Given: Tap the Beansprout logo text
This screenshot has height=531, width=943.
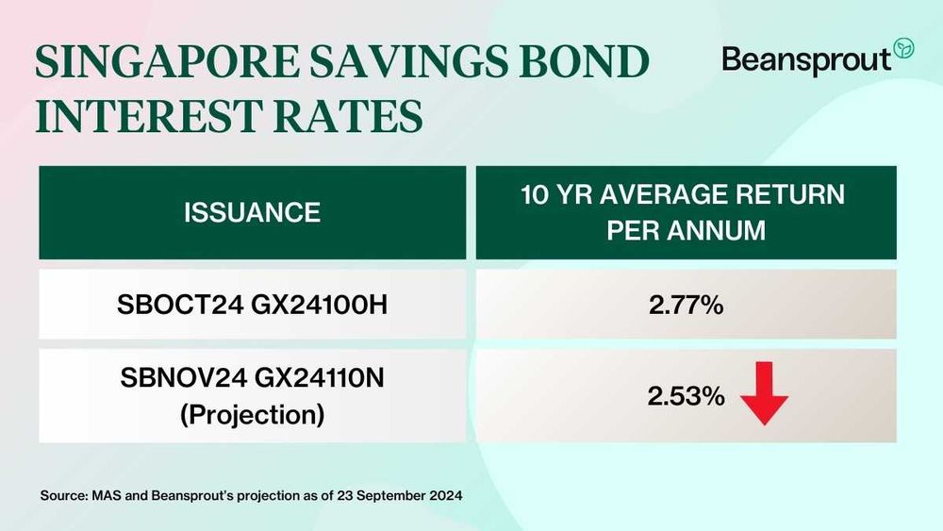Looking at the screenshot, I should [x=805, y=58].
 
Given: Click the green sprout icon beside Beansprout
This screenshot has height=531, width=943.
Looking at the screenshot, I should [x=902, y=48].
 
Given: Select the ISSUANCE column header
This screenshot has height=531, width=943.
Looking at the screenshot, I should [x=252, y=212].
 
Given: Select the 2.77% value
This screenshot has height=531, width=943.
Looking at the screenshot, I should [x=686, y=305].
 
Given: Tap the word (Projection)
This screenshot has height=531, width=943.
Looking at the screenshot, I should [x=252, y=414].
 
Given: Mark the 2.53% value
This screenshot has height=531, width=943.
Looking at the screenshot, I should [x=686, y=397].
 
